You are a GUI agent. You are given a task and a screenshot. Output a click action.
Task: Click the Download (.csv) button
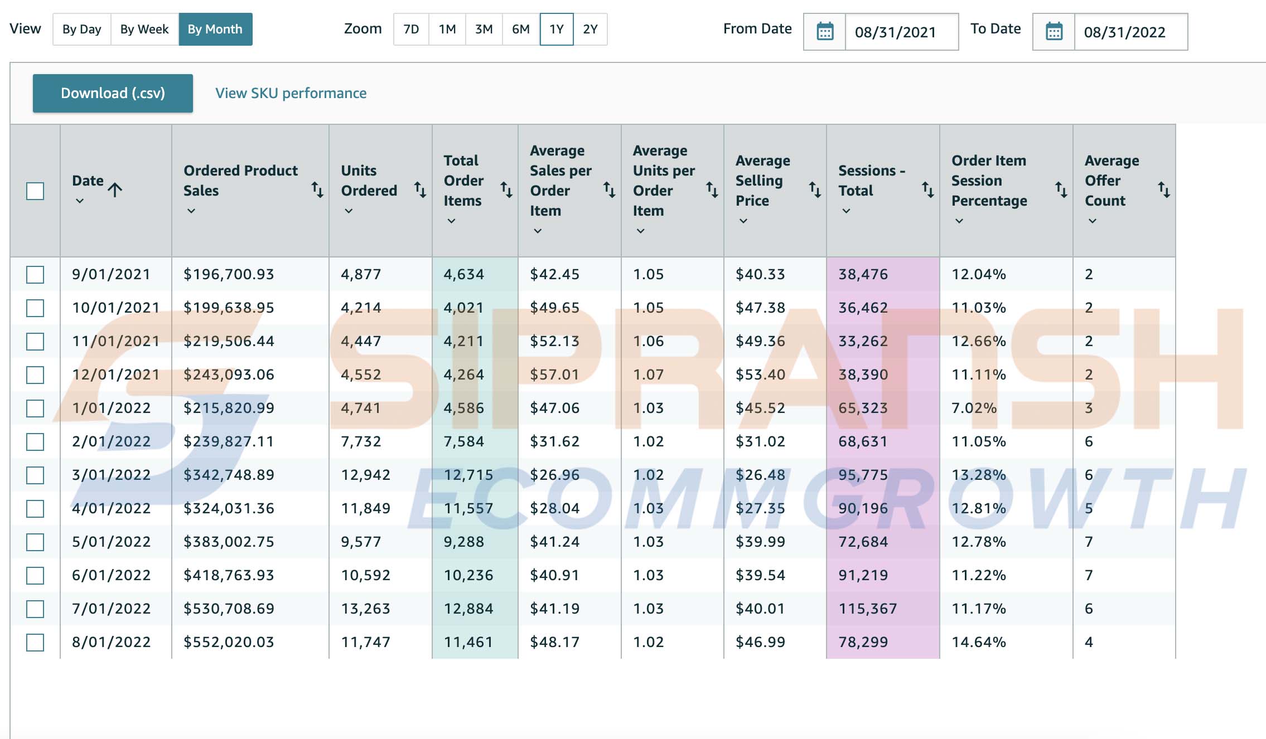[113, 93]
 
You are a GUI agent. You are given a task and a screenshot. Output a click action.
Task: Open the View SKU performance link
[291, 93]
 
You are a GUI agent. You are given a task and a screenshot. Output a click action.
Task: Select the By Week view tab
[144, 29]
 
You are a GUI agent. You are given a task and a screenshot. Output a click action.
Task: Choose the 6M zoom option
[521, 29]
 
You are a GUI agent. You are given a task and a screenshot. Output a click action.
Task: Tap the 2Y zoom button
[590, 29]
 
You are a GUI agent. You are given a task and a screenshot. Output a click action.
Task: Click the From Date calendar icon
[825, 31]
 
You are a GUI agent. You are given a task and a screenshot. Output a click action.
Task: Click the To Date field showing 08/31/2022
[1124, 32]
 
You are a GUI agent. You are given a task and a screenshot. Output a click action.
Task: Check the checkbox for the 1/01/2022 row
[35, 409]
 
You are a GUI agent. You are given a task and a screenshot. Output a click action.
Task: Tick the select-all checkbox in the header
[35, 191]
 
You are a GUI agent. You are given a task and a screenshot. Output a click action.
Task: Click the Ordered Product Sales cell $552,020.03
[229, 642]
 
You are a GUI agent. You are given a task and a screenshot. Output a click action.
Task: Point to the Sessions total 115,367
[868, 609]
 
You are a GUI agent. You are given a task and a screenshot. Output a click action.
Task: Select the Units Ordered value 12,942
[366, 475]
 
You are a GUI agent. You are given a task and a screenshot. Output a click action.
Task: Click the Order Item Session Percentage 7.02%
[974, 408]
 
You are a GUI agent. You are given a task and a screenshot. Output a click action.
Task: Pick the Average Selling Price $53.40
[760, 375]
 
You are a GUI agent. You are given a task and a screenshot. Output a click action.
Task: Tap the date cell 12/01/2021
[116, 375]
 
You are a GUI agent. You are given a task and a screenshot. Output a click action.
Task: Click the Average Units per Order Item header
[664, 181]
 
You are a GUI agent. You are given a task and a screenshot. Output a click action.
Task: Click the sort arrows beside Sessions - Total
[927, 190]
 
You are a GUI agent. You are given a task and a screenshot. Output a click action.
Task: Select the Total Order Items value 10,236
[468, 575]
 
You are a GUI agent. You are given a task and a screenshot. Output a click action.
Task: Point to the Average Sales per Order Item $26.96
[554, 475]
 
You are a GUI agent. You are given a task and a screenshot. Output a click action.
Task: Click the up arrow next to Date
[115, 190]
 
